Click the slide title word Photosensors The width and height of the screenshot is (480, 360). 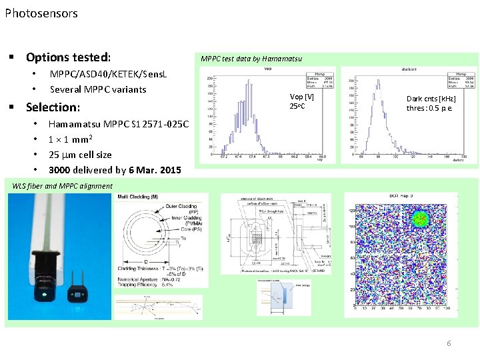tap(41, 13)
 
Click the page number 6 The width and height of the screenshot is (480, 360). tap(449, 343)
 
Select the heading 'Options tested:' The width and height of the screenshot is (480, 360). tap(68, 57)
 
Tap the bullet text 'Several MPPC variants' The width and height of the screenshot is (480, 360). tap(98, 89)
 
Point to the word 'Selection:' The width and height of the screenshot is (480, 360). tap(53, 107)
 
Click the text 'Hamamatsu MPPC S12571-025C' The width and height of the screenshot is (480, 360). tap(119, 124)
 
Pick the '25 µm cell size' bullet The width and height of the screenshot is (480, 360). tap(80, 155)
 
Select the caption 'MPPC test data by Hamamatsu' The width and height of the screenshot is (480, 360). tap(251, 59)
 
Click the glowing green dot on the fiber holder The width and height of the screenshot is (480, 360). tap(44, 292)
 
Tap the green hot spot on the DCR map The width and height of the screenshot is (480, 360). tap(420, 219)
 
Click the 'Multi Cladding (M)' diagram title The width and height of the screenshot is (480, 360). tap(138, 197)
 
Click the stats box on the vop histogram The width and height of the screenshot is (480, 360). tap(319, 80)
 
